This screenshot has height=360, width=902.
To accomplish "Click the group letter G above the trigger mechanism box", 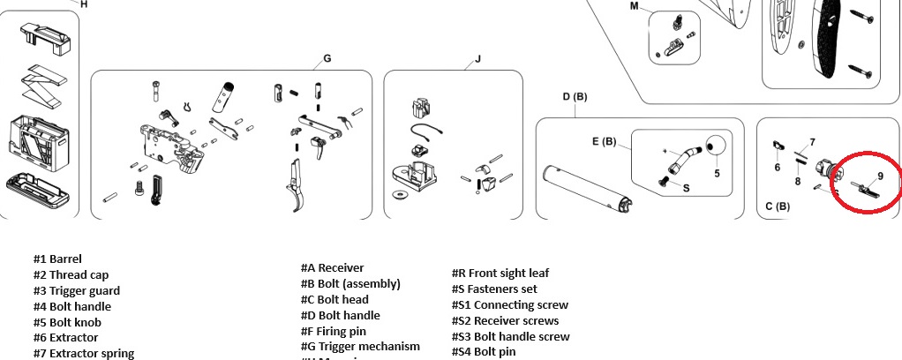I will tap(327, 59).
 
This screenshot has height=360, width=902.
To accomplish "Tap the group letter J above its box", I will tap(477, 60).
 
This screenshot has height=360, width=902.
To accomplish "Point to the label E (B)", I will tap(604, 140).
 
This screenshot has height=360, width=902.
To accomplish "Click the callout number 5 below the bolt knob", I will tap(717, 173).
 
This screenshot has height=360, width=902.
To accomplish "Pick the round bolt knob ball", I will tap(718, 146).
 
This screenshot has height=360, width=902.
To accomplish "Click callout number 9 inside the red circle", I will tap(880, 176).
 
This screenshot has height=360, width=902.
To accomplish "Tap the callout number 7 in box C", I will tap(812, 142).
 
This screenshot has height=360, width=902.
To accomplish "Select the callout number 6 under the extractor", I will tap(778, 167).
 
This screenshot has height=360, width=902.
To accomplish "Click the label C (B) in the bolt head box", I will tap(777, 206).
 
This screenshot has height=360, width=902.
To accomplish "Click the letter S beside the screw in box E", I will tap(686, 187).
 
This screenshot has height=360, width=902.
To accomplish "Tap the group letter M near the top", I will tap(634, 6).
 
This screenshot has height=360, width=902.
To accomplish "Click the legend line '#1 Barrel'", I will tap(57, 259).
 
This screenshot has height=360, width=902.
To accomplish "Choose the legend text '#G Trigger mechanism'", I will tap(360, 347).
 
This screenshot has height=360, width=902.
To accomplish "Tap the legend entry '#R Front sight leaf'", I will tap(500, 274).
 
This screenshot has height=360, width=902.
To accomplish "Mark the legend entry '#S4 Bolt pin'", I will tap(483, 352).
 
